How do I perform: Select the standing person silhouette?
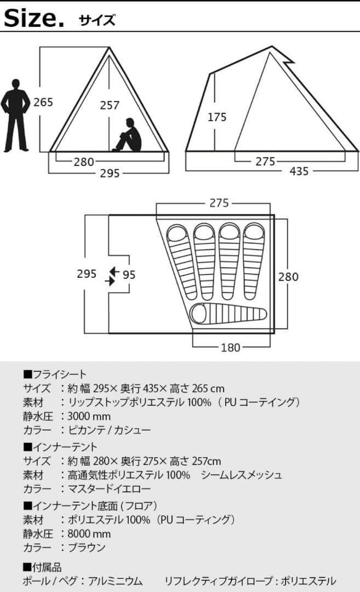[15, 115]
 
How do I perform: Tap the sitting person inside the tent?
[129, 135]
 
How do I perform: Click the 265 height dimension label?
[43, 102]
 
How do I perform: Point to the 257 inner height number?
[110, 105]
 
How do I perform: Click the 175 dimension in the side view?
[217, 117]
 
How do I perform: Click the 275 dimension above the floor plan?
[219, 203]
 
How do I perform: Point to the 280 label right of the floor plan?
[288, 276]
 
